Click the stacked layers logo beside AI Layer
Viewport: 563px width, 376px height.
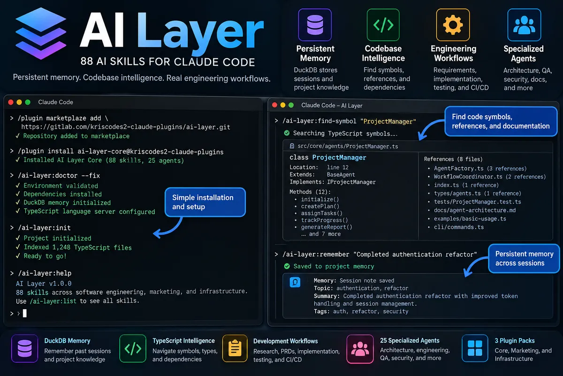41,33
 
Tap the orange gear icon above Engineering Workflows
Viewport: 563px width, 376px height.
453,25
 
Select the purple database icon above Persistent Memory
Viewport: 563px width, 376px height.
315,25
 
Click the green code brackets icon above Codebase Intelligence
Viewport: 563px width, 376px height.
383,25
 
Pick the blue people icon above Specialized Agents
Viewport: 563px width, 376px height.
524,25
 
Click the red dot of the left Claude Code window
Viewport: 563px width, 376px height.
11,102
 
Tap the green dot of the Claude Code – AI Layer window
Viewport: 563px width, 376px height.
291,105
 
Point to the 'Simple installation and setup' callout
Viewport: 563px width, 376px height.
205,202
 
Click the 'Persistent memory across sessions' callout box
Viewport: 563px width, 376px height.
524,258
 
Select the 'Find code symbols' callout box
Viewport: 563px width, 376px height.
501,121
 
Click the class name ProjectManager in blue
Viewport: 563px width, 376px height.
339,157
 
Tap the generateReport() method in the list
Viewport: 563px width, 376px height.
327,227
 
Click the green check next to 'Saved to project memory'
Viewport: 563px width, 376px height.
287,266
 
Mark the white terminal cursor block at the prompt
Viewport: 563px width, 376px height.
24,313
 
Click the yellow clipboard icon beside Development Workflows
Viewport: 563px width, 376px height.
235,348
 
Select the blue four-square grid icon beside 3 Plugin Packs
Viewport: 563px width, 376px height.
474,348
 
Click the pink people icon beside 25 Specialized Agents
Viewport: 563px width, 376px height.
360,349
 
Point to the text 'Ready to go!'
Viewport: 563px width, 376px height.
45,256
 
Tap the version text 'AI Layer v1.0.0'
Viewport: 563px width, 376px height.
44,283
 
